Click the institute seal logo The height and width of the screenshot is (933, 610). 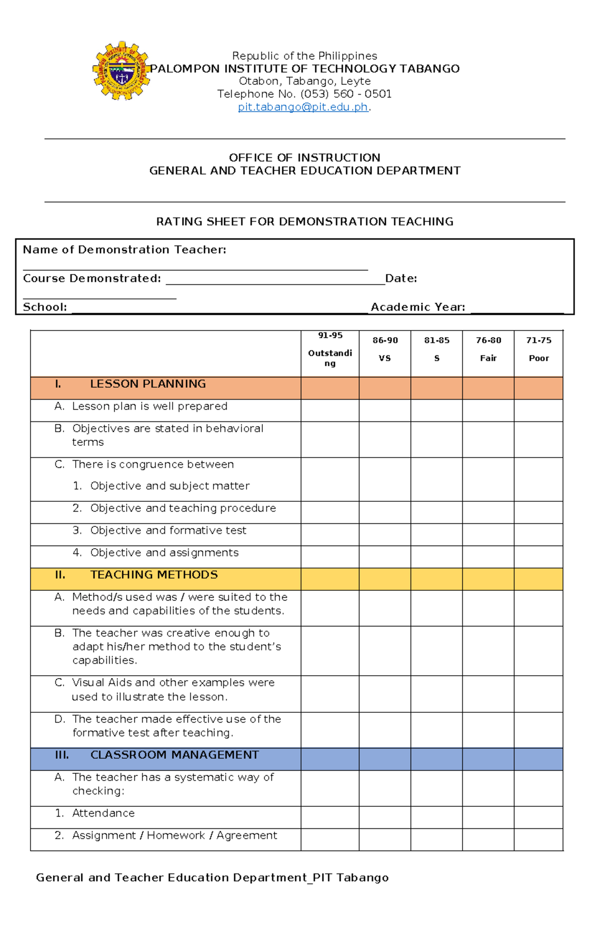121,71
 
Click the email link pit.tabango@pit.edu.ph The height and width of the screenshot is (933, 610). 303,107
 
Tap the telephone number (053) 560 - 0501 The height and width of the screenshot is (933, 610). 346,94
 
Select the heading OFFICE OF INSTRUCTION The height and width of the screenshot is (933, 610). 304,158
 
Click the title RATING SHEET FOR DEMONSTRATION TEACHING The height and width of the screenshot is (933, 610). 304,222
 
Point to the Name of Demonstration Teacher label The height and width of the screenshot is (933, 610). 125,250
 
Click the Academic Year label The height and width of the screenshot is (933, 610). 418,307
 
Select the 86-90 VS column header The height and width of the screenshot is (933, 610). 385,349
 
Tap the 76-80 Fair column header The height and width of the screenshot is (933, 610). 488,349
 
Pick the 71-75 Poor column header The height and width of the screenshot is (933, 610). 538,349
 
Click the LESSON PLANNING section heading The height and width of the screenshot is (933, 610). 147,384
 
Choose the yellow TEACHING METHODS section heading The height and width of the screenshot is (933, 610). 154,575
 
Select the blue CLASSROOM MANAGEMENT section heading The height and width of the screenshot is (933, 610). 174,755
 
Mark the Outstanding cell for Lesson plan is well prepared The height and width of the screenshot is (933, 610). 330,410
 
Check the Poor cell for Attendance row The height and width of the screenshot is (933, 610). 538,817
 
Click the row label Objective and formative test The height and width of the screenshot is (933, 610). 168,530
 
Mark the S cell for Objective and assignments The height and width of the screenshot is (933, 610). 436,557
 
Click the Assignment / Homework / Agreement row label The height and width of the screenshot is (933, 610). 174,835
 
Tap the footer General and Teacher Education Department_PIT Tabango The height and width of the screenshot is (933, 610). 212,878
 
